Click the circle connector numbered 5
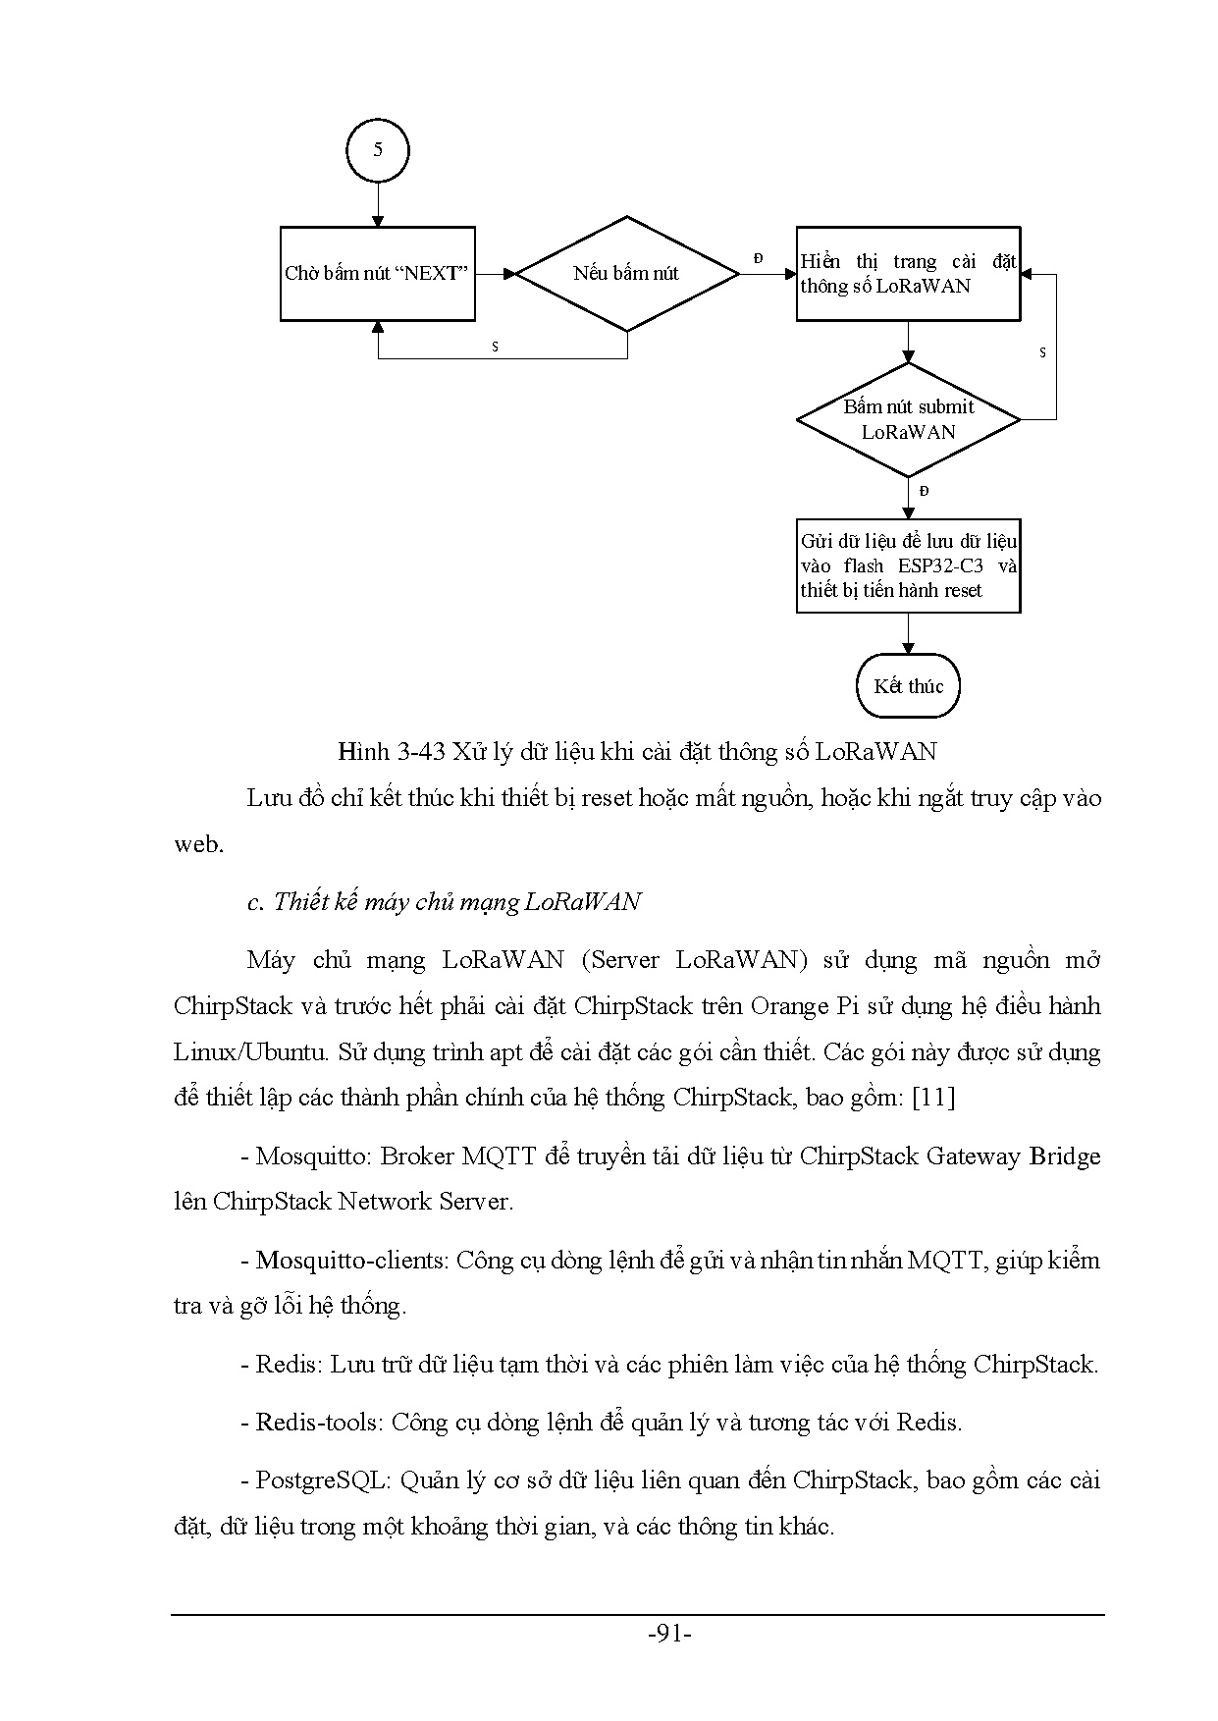coord(378,150)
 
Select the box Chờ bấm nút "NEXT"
coord(378,274)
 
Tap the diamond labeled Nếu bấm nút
coord(626,274)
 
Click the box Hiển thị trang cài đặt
coord(908,274)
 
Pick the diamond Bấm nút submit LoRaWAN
coord(908,419)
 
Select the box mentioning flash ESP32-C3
coord(908,565)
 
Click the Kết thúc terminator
coord(908,686)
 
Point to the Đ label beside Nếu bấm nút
coord(758,258)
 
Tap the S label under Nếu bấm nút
coord(495,348)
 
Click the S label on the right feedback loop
coord(1042,352)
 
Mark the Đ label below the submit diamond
coord(924,491)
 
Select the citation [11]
coord(933,1097)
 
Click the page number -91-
coord(670,1635)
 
